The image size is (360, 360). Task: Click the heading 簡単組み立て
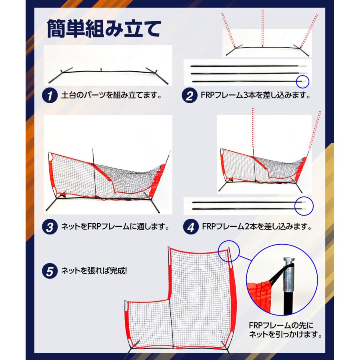pos(104,28)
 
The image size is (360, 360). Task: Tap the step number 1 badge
pos(50,96)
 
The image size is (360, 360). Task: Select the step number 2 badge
pos(190,96)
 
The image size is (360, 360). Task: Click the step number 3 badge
pos(50,227)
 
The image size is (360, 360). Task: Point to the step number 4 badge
pos(190,227)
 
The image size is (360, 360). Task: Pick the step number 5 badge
pos(50,271)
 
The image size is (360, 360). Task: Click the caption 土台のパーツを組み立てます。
pos(112,95)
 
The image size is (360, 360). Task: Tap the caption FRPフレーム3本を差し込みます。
pos(256,95)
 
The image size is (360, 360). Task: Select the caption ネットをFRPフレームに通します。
pos(115,227)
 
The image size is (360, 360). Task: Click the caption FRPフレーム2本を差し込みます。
pos(257,227)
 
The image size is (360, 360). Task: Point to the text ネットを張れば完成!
pos(94,271)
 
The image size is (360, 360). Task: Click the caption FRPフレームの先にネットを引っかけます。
pos(285,330)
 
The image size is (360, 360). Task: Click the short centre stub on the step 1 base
pos(101,70)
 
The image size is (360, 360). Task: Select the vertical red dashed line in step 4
pos(253,127)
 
